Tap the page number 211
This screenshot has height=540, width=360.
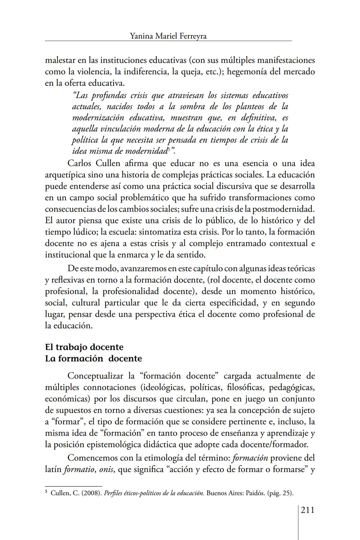click(x=307, y=510)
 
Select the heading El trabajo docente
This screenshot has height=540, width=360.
click(x=84, y=347)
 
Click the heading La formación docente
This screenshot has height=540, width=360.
click(x=93, y=359)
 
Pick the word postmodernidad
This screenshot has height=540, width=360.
click(x=283, y=209)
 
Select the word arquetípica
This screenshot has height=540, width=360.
click(x=66, y=175)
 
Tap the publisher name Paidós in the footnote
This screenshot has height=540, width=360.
click(x=255, y=493)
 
